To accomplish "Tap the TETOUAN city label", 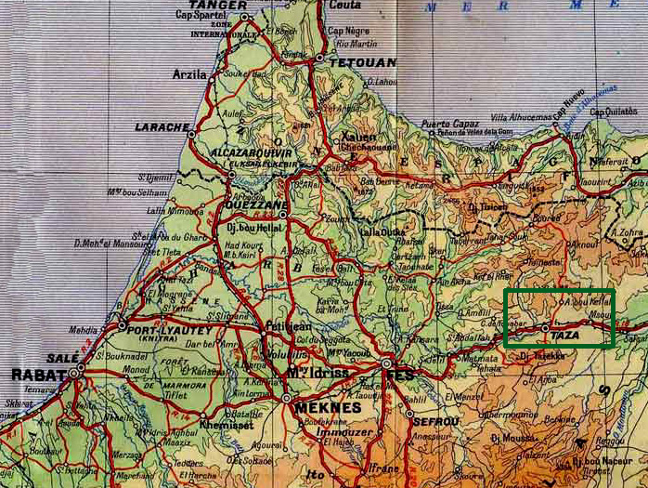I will click(x=363, y=62).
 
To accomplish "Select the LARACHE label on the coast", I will click(x=162, y=126).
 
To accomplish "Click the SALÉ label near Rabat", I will click(x=61, y=359).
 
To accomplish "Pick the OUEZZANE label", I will click(x=255, y=207).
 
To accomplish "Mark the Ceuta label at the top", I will click(x=344, y=5).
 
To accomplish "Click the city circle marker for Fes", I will click(x=386, y=363).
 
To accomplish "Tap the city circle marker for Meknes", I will click(x=286, y=398).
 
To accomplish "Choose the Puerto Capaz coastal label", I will click(x=449, y=124).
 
